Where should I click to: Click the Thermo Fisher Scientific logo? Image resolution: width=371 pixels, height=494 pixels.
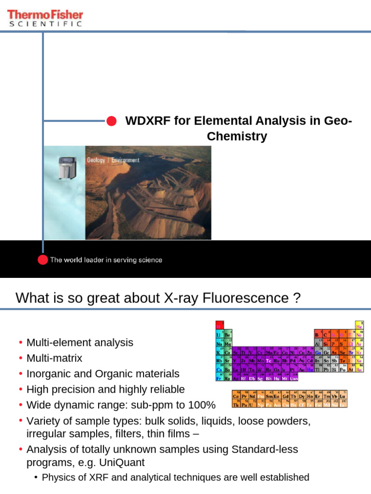pyautogui.click(x=45, y=18)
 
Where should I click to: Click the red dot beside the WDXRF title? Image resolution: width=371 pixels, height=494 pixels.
pyautogui.click(x=111, y=121)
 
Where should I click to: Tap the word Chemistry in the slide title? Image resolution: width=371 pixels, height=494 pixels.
pyautogui.click(x=237, y=137)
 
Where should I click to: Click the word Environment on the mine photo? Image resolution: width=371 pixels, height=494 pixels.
pyautogui.click(x=126, y=160)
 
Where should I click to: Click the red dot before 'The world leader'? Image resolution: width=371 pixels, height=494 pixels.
pyautogui.click(x=43, y=260)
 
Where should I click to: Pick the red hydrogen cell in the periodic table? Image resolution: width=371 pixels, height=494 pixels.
pyautogui.click(x=219, y=325)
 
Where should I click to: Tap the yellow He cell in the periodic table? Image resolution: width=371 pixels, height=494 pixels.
pyautogui.click(x=359, y=325)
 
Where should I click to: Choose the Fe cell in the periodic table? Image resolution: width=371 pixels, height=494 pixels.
pyautogui.click(x=277, y=351)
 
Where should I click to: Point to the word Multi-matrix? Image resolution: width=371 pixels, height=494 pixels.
pyautogui.click(x=54, y=358)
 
